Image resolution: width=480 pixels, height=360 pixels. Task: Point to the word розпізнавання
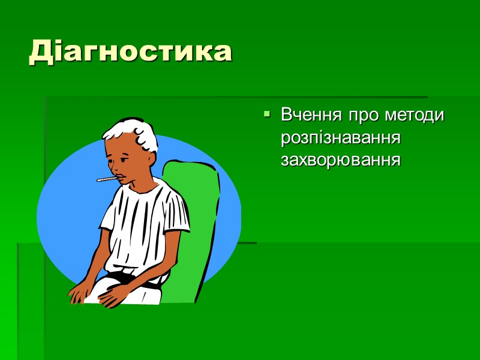[340, 137]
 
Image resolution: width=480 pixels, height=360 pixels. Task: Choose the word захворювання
[340, 160]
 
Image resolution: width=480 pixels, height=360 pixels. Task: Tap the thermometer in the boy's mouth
[106, 178]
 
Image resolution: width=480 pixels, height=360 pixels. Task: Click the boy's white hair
[135, 133]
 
